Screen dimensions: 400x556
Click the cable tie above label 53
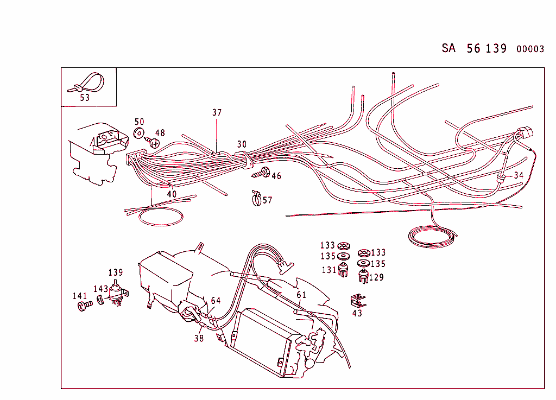click(87, 83)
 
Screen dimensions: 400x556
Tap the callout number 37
click(217, 113)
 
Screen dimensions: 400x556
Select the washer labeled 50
click(138, 133)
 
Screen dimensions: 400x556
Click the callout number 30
click(242, 144)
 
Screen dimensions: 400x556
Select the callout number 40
click(172, 194)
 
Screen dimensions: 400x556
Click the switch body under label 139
click(116, 294)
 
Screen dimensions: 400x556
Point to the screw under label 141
click(83, 307)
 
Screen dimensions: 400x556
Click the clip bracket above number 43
click(356, 300)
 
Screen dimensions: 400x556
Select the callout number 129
click(376, 277)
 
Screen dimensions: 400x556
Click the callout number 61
click(301, 295)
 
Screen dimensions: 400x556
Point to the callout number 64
click(216, 300)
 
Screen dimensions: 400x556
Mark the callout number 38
click(199, 338)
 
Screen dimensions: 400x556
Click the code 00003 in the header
click(530, 49)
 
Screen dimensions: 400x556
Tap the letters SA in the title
click(448, 48)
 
